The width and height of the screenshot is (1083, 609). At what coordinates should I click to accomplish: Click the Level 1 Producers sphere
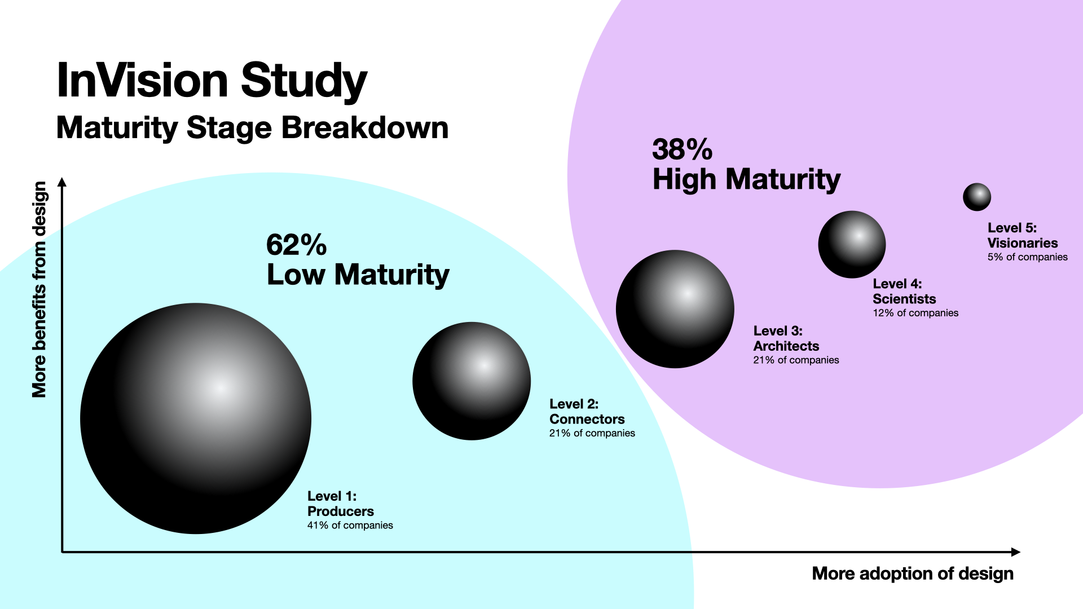point(196,418)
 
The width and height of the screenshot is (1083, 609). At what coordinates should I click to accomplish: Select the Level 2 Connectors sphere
point(472,381)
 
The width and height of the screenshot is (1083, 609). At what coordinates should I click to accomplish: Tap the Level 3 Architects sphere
point(675,309)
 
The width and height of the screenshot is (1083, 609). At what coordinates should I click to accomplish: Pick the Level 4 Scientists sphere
point(852,244)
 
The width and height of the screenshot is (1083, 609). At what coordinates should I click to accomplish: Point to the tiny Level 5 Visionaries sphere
point(977,197)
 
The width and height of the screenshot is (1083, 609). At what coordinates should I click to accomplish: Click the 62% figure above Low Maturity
point(296,245)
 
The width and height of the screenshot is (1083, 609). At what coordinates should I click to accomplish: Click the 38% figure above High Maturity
point(682,150)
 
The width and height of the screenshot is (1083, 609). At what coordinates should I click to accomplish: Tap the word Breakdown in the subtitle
point(365,128)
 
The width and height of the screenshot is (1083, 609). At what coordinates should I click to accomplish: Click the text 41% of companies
point(350,526)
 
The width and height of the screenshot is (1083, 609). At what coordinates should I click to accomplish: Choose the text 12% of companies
point(915,313)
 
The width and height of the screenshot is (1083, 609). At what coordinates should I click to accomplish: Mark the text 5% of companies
point(1027,257)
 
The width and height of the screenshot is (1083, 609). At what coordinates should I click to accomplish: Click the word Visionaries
point(1022,243)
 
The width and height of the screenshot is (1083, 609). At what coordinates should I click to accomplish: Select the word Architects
point(786,346)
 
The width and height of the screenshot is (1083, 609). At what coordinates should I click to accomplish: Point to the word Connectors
point(587,419)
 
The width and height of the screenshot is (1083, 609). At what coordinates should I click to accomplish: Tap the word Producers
point(340,511)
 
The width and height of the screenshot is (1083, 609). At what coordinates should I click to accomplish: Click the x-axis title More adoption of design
point(912,573)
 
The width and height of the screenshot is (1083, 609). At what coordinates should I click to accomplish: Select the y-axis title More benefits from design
point(39,289)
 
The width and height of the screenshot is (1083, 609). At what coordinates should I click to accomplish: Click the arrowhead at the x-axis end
point(1016,552)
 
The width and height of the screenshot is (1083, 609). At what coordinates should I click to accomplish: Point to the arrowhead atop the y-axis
point(62,182)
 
